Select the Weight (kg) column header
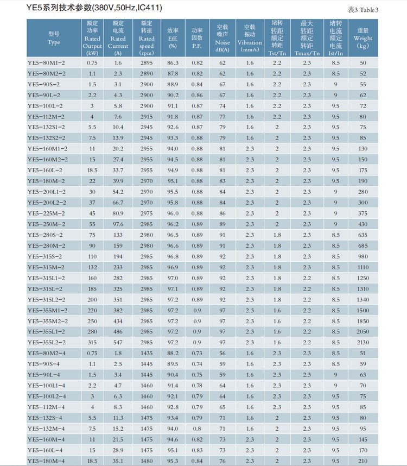(363, 39)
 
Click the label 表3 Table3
(378, 10)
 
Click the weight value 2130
(363, 342)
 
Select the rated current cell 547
(118, 342)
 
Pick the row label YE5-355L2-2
(47, 342)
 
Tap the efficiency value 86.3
(173, 62)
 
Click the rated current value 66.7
(118, 203)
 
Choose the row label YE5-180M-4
(46, 461)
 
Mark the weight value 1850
(363, 321)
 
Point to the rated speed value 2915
(146, 116)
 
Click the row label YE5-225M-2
(46, 213)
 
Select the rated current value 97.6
(118, 224)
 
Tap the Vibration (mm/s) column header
(250, 39)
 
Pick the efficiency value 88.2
(173, 353)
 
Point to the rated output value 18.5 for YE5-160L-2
(92, 170)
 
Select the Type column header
(54, 39)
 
